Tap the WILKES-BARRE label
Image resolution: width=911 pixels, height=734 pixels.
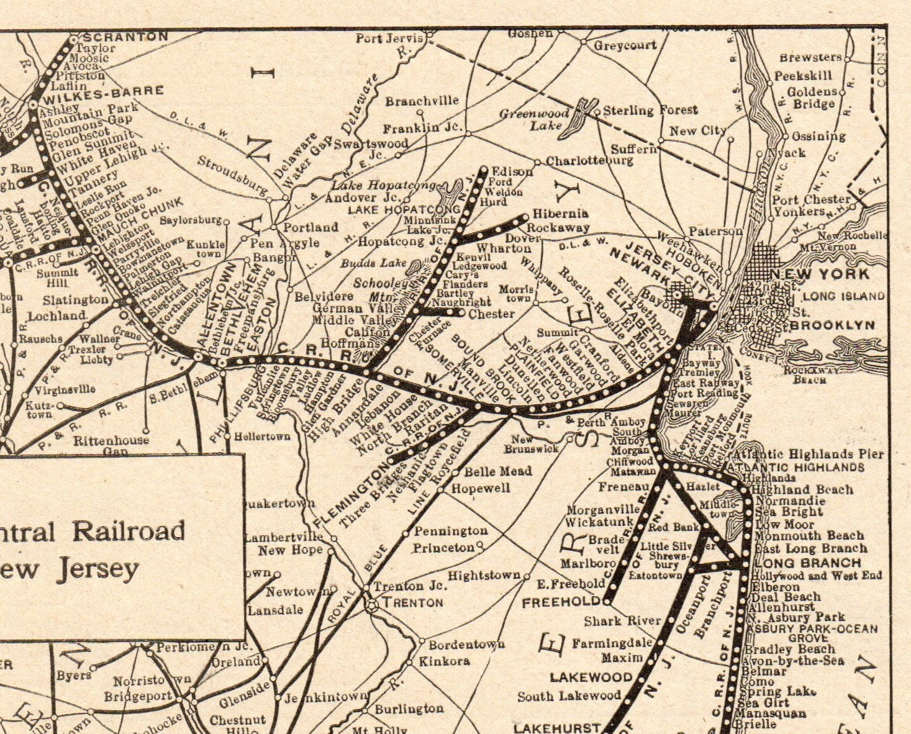(102, 91)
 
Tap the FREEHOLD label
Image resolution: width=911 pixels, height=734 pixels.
(561, 602)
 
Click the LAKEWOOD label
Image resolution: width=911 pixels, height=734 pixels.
(591, 676)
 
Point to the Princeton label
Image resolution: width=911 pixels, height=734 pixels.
(443, 548)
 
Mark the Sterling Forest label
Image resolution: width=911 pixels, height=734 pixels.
(650, 110)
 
